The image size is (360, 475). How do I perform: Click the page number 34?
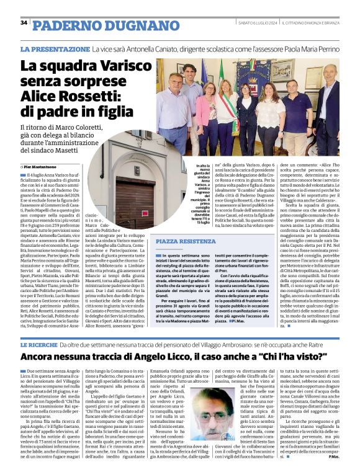click(24, 23)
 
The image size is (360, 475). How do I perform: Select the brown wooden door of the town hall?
click(135, 198)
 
